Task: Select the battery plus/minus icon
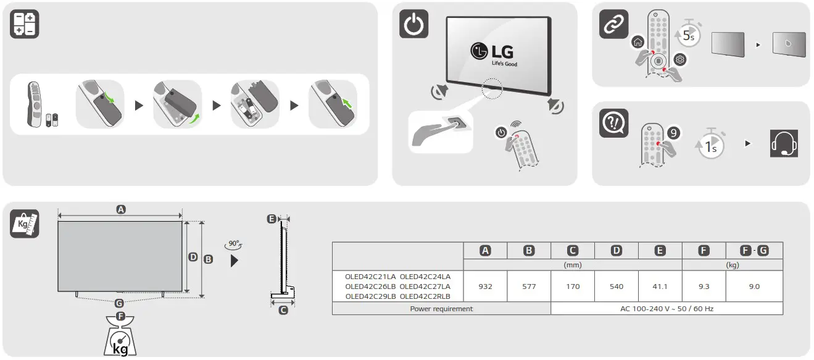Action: point(25,25)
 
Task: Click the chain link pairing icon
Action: point(614,25)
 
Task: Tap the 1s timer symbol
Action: point(711,146)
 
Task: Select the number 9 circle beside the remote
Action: point(674,132)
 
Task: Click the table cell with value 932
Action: point(485,287)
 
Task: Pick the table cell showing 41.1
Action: point(660,287)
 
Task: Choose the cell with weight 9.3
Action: point(704,287)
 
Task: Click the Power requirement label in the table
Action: point(441,308)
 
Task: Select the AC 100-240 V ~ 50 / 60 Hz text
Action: point(667,308)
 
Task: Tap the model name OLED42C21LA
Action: point(370,277)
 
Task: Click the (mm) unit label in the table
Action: point(573,265)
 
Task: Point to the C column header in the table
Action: point(573,250)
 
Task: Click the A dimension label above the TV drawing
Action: point(121,210)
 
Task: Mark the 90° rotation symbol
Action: point(235,245)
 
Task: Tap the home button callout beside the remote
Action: point(637,43)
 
